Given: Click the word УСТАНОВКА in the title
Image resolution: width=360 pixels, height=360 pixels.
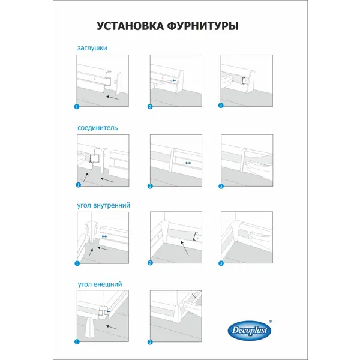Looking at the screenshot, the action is click(x=130, y=26).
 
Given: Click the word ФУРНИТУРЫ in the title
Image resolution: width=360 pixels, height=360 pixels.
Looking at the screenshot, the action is click(x=203, y=26).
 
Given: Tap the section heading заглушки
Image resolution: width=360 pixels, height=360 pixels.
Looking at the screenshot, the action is click(x=92, y=48).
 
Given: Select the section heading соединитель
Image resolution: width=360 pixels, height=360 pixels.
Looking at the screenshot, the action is click(x=98, y=128).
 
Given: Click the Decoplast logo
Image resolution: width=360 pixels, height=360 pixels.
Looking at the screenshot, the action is click(x=250, y=331).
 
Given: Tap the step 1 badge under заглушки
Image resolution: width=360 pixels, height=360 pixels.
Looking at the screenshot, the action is click(x=77, y=107).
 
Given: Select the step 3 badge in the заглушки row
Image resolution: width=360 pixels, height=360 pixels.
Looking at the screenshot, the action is click(x=221, y=106).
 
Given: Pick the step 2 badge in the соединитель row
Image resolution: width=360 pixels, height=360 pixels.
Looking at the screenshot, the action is click(x=150, y=186).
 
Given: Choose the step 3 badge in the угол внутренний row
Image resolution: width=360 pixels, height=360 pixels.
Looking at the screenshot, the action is click(x=221, y=263).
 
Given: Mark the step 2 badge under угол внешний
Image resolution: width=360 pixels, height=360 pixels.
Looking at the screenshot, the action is click(x=150, y=343).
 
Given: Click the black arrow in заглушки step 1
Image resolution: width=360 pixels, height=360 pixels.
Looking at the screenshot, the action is click(x=112, y=98).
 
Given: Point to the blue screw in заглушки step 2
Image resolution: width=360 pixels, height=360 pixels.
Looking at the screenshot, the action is click(x=175, y=80).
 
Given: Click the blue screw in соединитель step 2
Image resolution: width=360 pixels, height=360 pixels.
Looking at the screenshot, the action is click(x=188, y=163).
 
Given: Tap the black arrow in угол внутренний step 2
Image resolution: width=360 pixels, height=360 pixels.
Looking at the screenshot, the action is click(x=185, y=248).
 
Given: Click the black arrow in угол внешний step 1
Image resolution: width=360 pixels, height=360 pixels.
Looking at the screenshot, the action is click(x=112, y=328).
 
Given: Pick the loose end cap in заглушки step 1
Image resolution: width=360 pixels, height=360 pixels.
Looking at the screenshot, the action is click(x=119, y=84).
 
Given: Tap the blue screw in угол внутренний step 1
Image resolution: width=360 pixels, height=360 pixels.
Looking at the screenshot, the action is click(x=104, y=236).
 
